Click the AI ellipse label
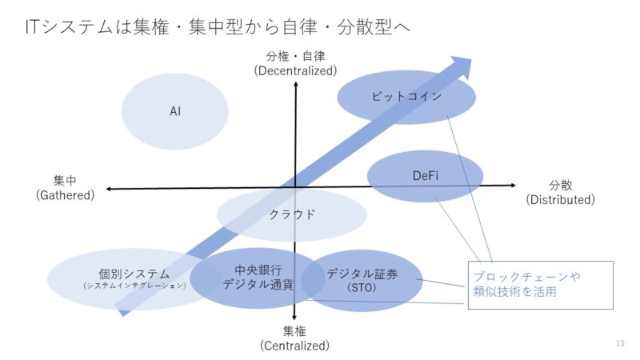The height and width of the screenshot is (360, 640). [x=175, y=111]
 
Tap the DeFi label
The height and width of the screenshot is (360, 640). [x=426, y=176]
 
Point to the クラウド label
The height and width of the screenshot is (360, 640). [x=291, y=214]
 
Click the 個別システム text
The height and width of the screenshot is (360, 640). [x=134, y=274]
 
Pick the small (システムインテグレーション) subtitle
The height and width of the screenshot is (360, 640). [x=134, y=286]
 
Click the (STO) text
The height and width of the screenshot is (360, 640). [x=362, y=287]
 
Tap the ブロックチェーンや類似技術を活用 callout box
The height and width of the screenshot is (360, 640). [x=541, y=284]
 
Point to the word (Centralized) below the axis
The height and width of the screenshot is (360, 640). [x=294, y=346]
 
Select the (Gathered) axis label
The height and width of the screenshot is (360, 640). [x=66, y=194]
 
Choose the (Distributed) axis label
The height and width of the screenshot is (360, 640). [x=560, y=199]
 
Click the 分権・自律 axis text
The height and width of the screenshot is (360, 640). [x=296, y=56]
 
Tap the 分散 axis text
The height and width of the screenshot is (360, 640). [x=560, y=185]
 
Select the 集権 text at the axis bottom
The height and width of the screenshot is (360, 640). [x=294, y=331]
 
